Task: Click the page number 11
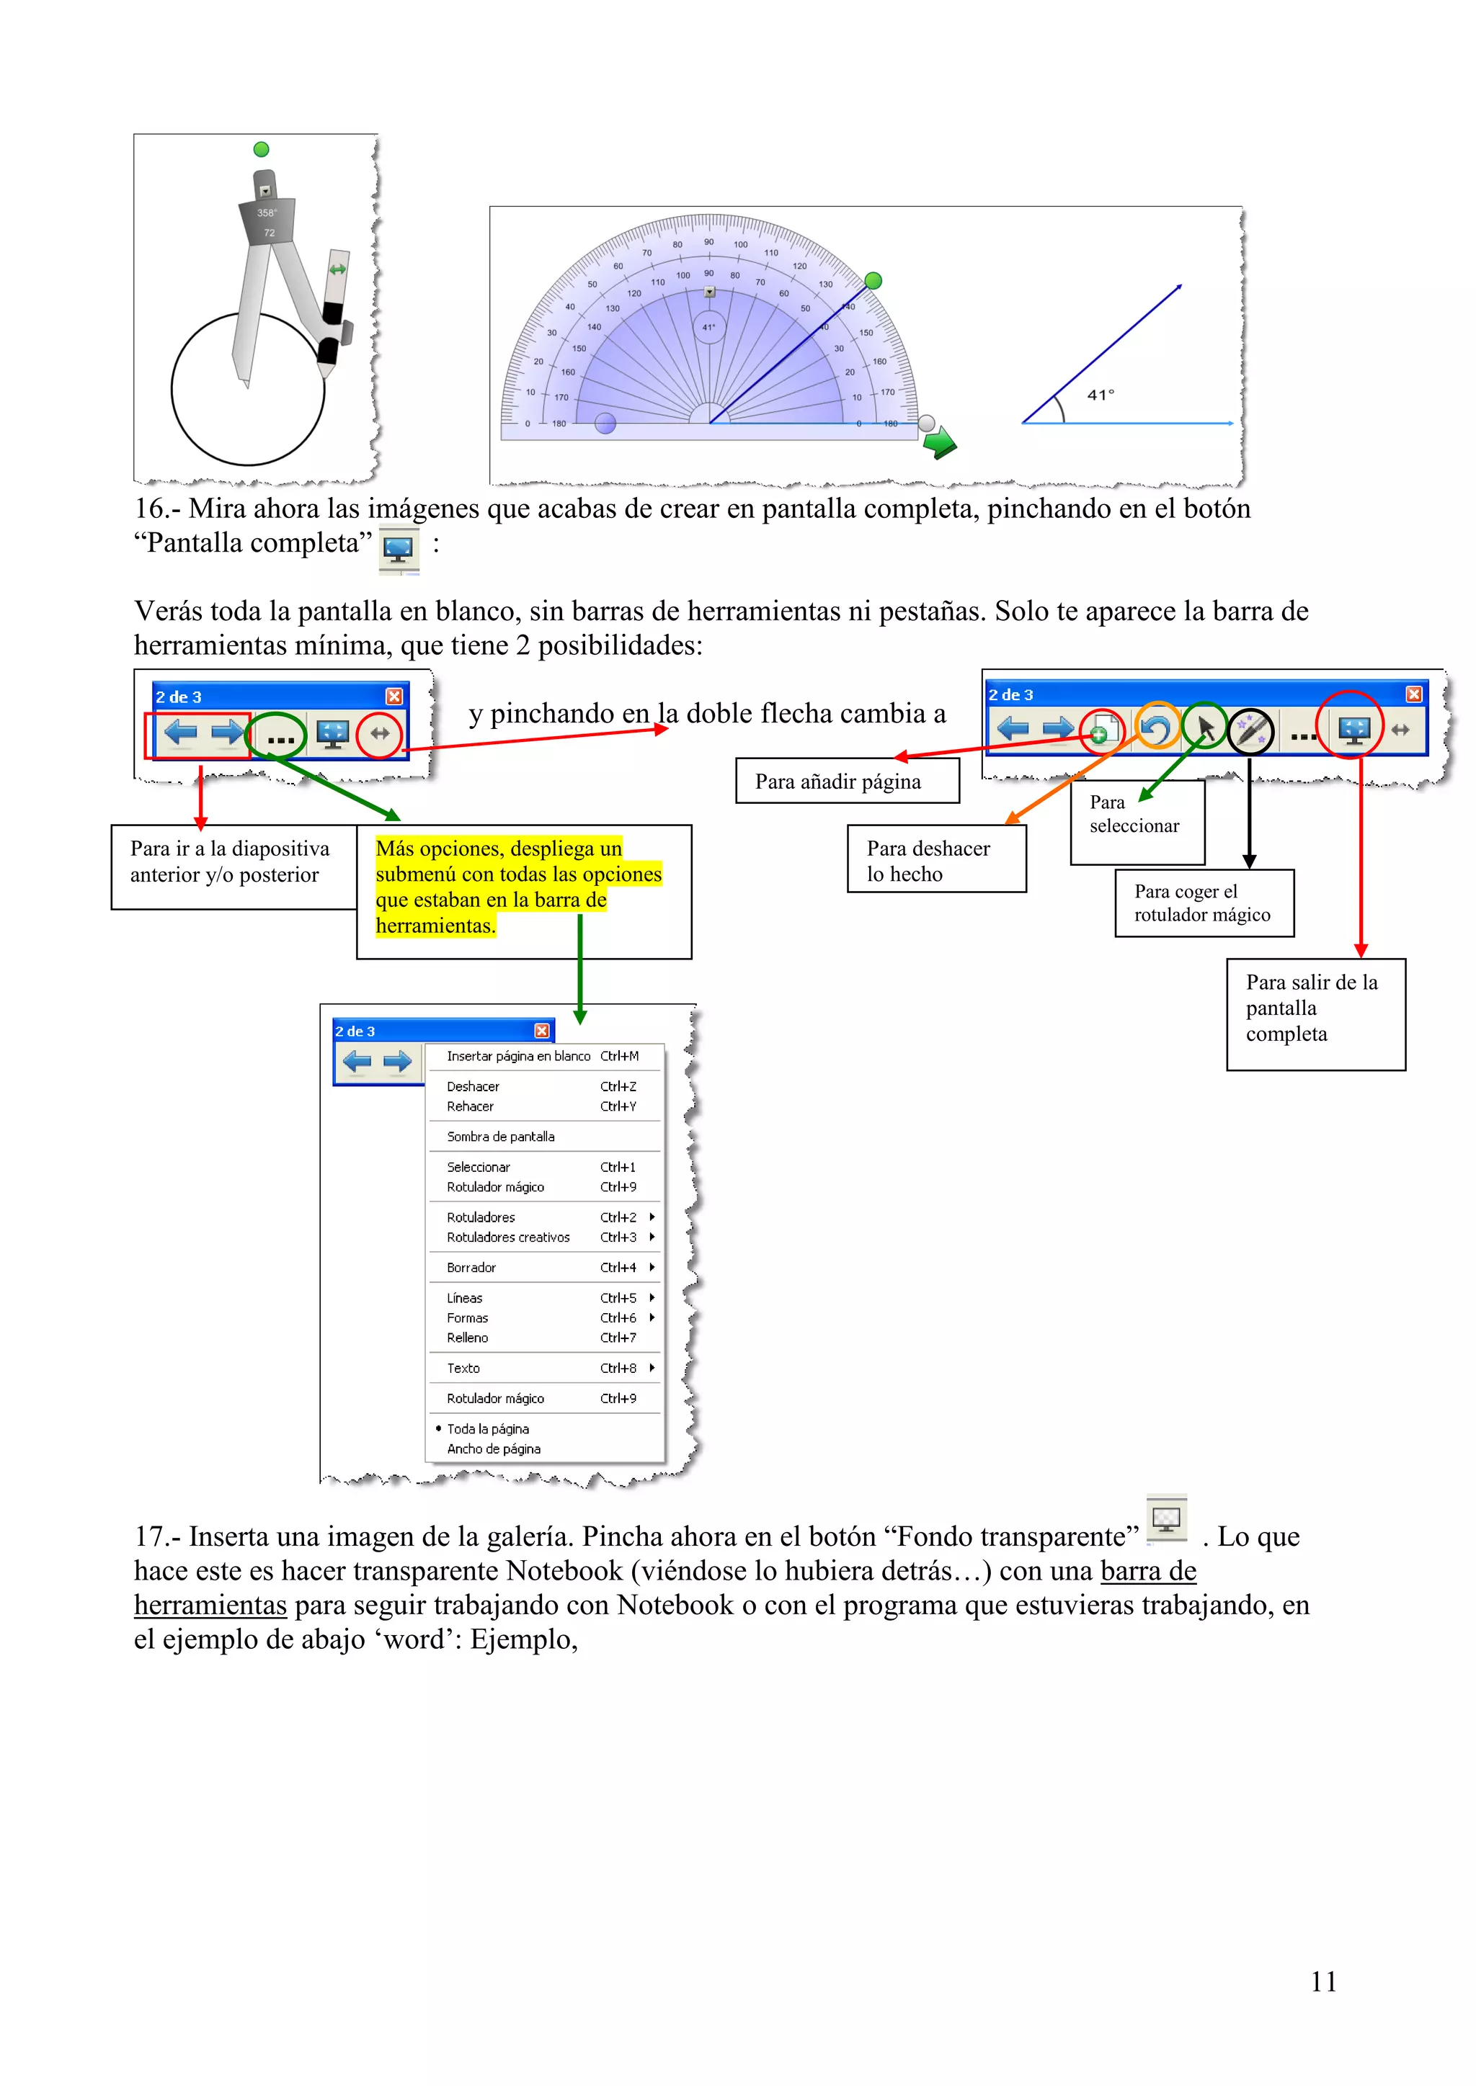(x=1323, y=1982)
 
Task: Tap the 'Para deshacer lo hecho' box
(x=936, y=859)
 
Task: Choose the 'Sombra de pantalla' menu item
(x=501, y=1137)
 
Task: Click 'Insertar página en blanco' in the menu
(x=518, y=1056)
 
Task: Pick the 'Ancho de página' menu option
(x=494, y=1449)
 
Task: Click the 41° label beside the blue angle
(x=1101, y=395)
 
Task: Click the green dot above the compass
(x=262, y=149)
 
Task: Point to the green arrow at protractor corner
(x=939, y=444)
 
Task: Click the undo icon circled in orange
(x=1157, y=729)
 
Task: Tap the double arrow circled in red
(x=380, y=733)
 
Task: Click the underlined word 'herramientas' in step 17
(x=210, y=1606)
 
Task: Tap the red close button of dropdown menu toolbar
(x=542, y=1030)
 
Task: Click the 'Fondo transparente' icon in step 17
(x=1166, y=1518)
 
